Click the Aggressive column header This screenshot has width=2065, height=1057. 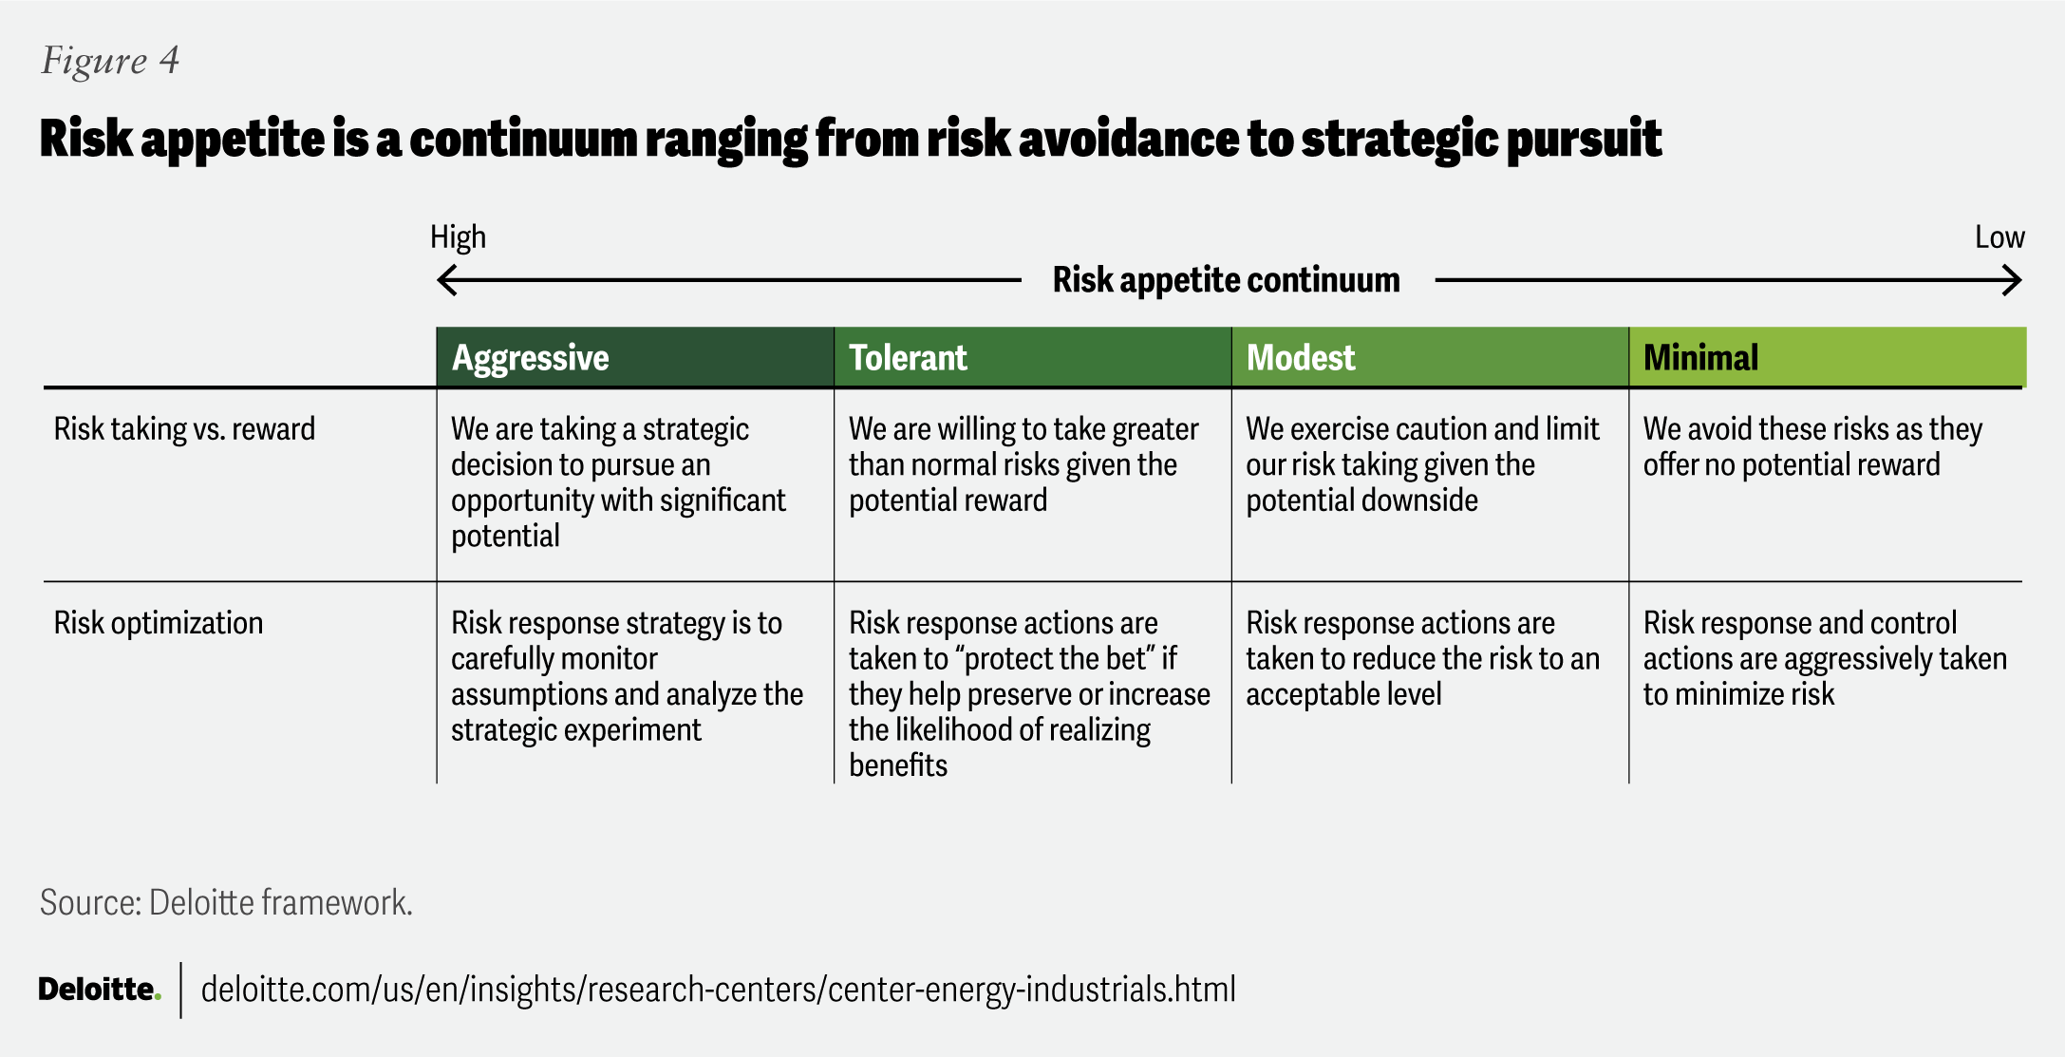[x=530, y=358]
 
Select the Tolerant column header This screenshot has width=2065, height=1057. [x=908, y=358]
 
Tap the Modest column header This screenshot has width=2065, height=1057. [x=1300, y=358]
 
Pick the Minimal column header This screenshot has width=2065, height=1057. [x=1700, y=358]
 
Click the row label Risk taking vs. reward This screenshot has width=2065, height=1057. [x=184, y=429]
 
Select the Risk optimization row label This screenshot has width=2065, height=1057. [x=159, y=623]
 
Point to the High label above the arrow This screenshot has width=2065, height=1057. [x=458, y=236]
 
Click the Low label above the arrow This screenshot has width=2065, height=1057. [x=1999, y=237]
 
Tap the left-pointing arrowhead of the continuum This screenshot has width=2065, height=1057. [x=446, y=280]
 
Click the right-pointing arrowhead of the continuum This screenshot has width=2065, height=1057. [x=2013, y=280]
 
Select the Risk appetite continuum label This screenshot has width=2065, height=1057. [x=1226, y=280]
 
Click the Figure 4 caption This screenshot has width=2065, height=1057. [x=110, y=61]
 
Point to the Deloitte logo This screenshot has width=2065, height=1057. [x=100, y=990]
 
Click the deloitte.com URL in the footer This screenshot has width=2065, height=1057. [x=718, y=990]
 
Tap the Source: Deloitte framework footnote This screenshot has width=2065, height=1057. [x=226, y=902]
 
